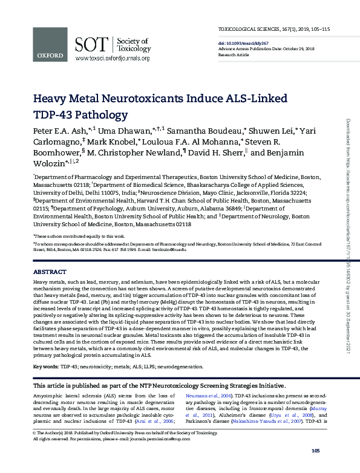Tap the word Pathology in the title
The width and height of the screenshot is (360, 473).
[x=91, y=114]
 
